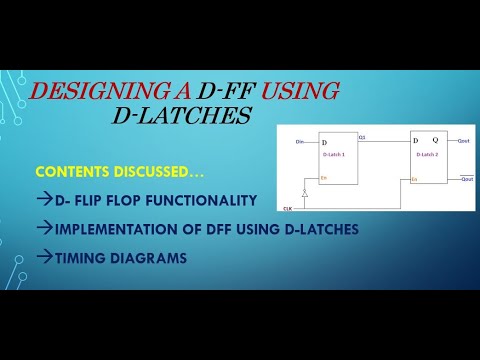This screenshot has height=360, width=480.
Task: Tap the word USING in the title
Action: [x=299, y=93]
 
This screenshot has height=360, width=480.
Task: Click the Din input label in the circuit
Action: [x=299, y=144]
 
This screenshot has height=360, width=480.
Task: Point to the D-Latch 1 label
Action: [x=334, y=157]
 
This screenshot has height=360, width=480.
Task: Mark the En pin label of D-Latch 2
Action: [x=414, y=179]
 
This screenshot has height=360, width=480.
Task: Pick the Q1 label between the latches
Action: [x=362, y=137]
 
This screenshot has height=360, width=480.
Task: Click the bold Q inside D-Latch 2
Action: [x=437, y=142]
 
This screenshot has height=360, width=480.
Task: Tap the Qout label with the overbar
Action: [x=465, y=178]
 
